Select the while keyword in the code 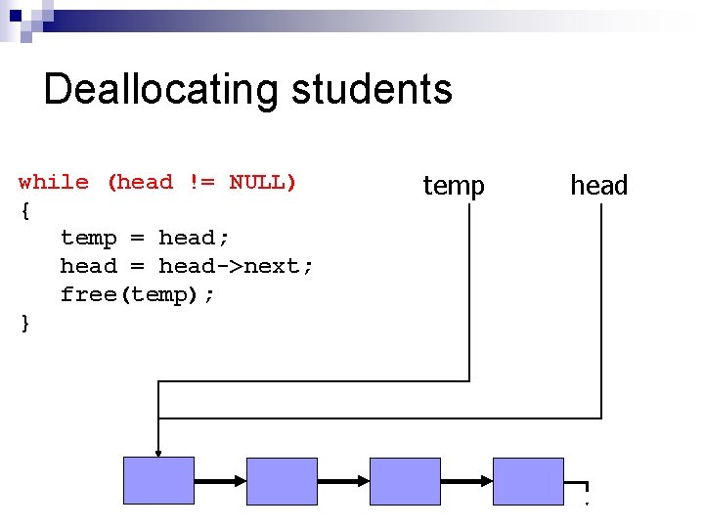(x=54, y=182)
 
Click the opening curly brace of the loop (x=24, y=209)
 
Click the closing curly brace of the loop (x=24, y=323)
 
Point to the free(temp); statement (x=137, y=294)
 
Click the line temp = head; (x=144, y=238)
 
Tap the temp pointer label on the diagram (x=453, y=185)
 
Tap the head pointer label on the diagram (x=598, y=185)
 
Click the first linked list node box (x=158, y=481)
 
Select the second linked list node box (x=282, y=481)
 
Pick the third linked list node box (x=405, y=481)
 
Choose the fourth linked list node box (x=528, y=481)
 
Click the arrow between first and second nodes (x=220, y=481)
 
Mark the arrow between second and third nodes (x=343, y=481)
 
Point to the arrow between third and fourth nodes (x=466, y=481)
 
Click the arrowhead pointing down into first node (x=158, y=450)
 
